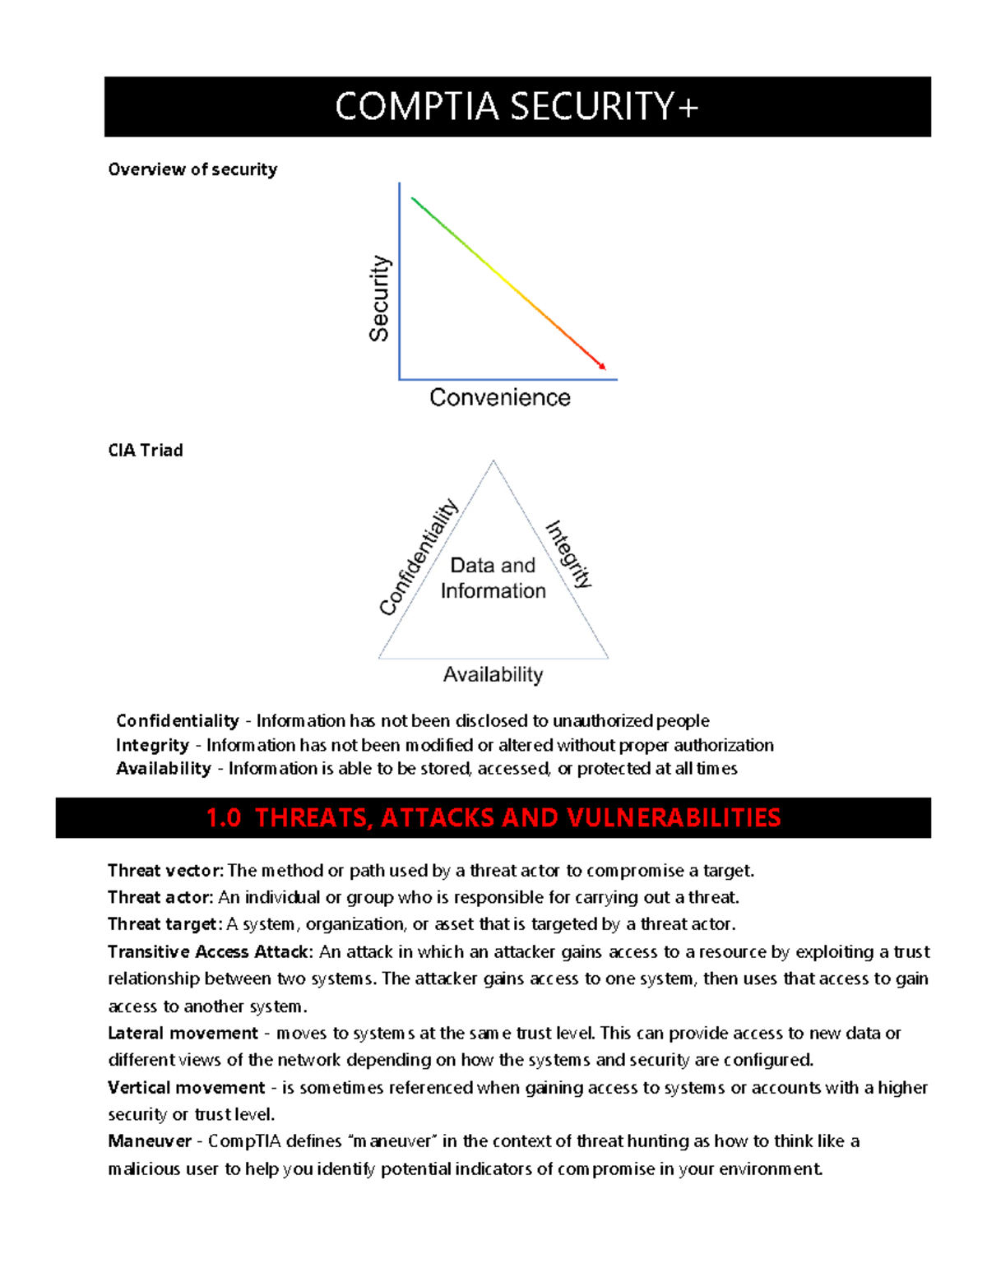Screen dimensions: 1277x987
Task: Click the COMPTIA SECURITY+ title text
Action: (517, 107)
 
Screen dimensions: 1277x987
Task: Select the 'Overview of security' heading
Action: (192, 169)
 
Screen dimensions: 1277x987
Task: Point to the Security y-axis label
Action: (379, 298)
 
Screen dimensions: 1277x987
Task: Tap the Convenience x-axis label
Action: (499, 398)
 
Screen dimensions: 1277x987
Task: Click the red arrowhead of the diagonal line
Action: (602, 366)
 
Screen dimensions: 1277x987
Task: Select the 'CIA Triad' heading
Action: (146, 451)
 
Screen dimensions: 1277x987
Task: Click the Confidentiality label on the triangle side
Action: (418, 557)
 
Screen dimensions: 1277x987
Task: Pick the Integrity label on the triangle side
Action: (569, 553)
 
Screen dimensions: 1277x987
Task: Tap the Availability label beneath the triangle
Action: (493, 675)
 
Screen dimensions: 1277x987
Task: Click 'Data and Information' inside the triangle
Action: (493, 578)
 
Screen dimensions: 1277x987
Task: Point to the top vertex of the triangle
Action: (493, 461)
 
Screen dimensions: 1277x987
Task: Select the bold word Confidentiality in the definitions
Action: (178, 721)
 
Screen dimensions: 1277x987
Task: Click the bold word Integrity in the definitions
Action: (153, 745)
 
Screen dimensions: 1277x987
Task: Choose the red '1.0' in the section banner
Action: (223, 818)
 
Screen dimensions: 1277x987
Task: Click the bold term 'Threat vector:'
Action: (165, 871)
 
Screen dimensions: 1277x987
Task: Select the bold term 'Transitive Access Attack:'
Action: (210, 952)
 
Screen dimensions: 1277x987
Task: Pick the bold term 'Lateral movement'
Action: (183, 1034)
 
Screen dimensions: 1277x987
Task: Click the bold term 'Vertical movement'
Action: (186, 1088)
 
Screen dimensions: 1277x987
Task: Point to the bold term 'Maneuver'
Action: (149, 1141)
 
